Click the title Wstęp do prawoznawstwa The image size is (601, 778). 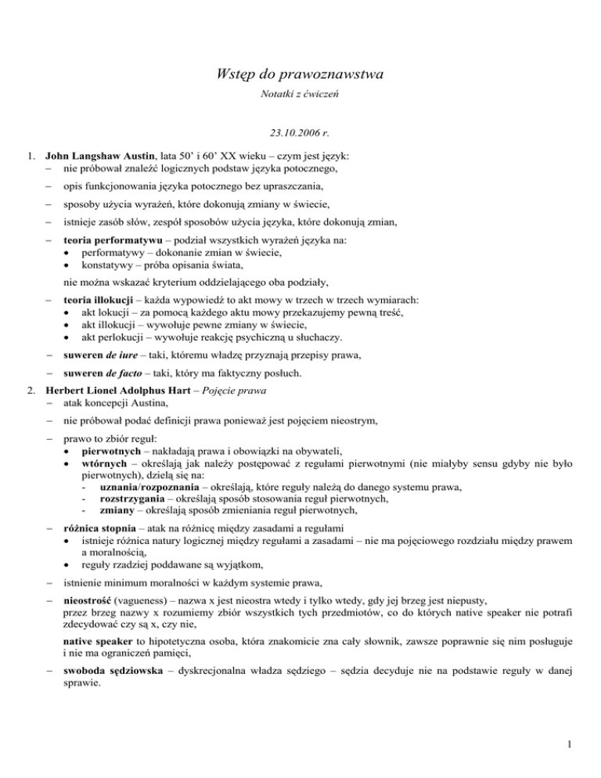point(300,76)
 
